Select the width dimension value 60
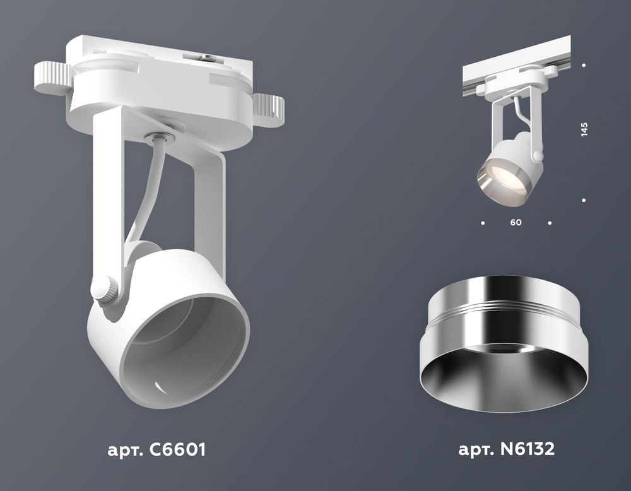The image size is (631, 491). (x=517, y=223)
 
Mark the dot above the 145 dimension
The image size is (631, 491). (x=584, y=65)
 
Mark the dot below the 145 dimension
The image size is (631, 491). (x=584, y=200)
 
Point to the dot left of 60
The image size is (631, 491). (x=483, y=223)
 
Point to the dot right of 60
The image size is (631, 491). (x=550, y=223)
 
